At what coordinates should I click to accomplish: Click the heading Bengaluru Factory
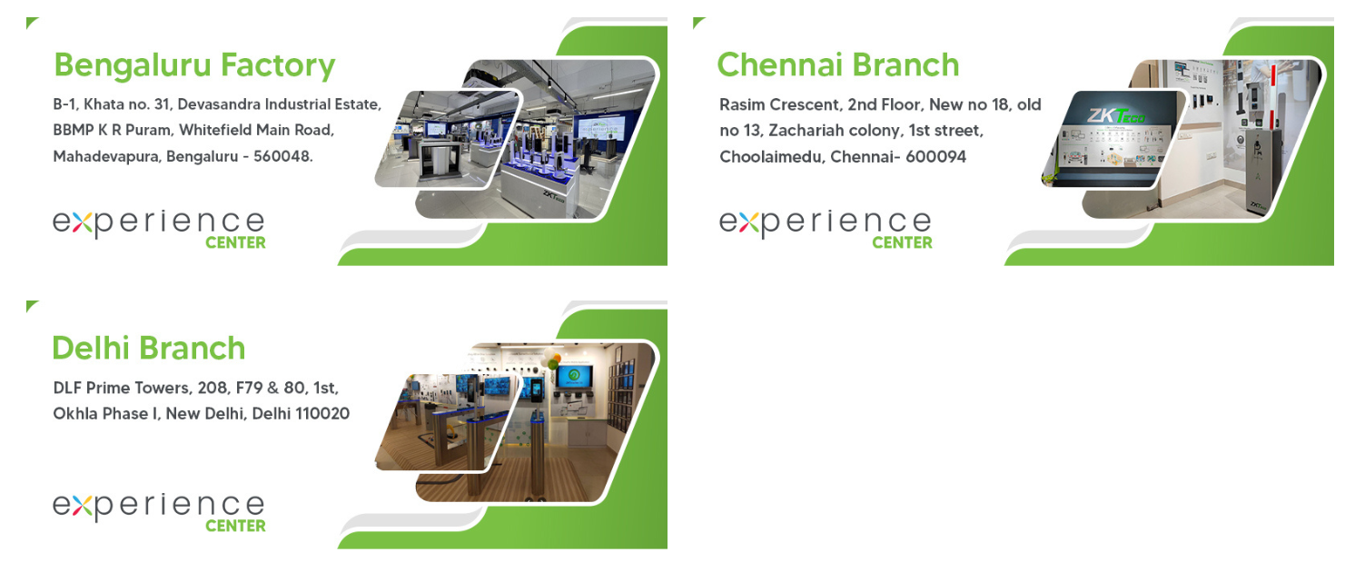click(x=194, y=66)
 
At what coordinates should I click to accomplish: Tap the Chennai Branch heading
click(x=838, y=64)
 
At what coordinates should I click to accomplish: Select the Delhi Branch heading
click(x=149, y=348)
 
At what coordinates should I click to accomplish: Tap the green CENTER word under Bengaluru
click(x=235, y=242)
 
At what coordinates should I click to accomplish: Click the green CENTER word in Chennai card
click(x=902, y=242)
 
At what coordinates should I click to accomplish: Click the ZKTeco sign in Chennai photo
click(x=1115, y=115)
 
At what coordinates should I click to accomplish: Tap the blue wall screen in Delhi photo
click(x=574, y=377)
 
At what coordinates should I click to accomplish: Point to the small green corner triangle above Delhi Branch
click(x=32, y=305)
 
